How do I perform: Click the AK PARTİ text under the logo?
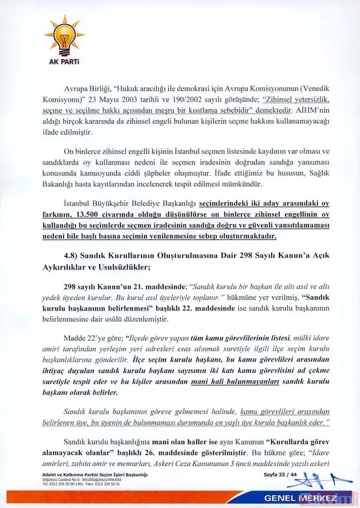(68, 61)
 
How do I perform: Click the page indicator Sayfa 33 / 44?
(280, 475)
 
